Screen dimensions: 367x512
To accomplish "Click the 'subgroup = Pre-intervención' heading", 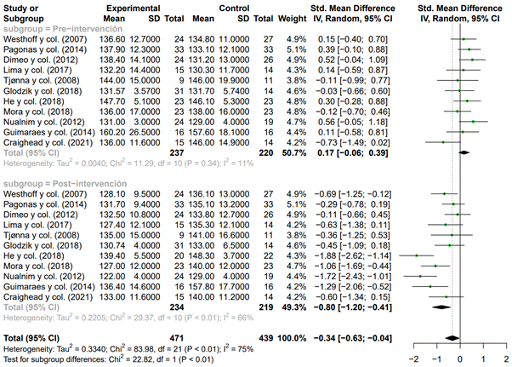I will tap(59, 28).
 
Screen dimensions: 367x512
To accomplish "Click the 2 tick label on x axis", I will tap(505, 359).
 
